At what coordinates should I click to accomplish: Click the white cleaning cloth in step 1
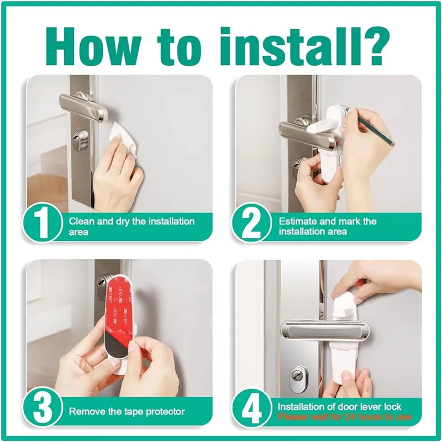coord(125,133)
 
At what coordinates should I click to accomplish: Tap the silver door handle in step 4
coord(326,330)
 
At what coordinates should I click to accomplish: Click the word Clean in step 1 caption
coord(80,221)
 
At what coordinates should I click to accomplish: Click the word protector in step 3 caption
coord(165,411)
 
